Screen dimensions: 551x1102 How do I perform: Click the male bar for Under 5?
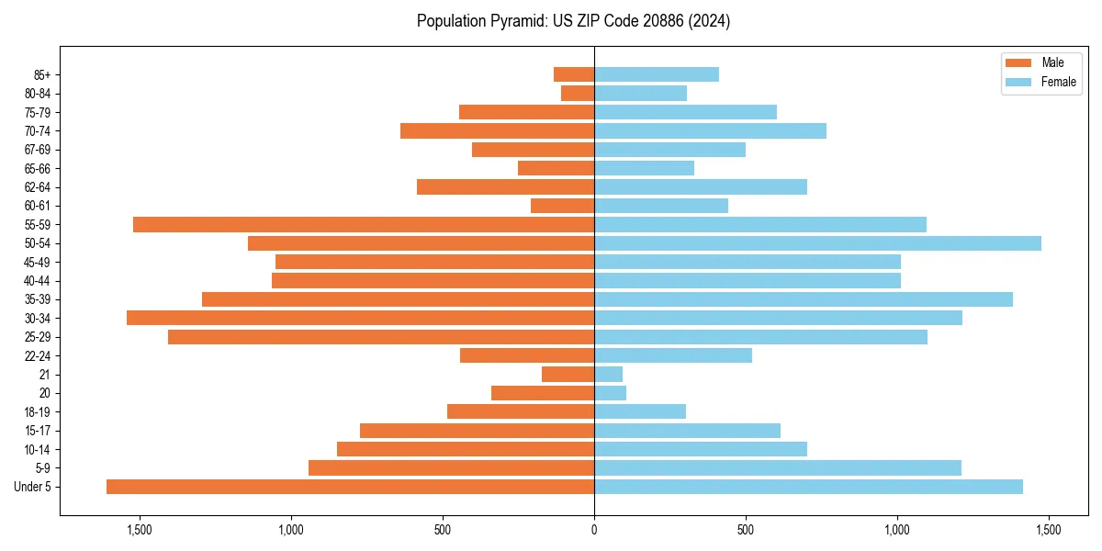[x=350, y=487]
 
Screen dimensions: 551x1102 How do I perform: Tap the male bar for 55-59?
[x=364, y=224]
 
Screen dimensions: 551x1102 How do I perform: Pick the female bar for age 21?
[x=608, y=375]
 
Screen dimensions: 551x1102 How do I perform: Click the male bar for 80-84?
[x=578, y=93]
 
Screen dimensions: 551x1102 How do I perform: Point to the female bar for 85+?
[x=656, y=74]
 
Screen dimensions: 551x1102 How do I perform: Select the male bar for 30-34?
[x=360, y=318]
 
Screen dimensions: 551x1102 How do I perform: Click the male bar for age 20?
[x=543, y=393]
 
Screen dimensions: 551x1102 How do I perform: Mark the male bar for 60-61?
[x=562, y=206]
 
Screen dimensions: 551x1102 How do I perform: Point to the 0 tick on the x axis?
[x=594, y=530]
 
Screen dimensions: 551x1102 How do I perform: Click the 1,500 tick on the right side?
[x=1048, y=530]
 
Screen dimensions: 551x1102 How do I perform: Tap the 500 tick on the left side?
[x=443, y=530]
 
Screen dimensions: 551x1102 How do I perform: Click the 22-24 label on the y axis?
[x=38, y=355]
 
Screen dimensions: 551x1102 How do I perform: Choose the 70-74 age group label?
[x=38, y=130]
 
